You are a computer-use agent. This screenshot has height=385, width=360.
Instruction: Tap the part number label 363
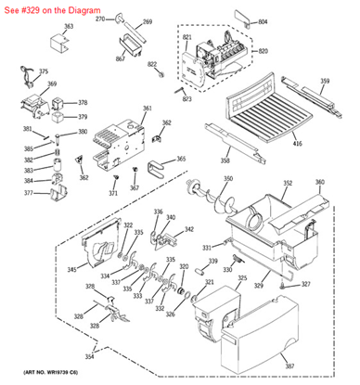point(66,27)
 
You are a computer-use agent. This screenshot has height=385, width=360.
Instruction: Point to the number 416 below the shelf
point(297,145)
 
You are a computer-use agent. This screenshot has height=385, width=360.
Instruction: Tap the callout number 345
point(71,270)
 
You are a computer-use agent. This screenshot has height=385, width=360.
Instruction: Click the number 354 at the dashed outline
point(89,357)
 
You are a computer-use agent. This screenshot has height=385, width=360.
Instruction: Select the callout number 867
point(121,59)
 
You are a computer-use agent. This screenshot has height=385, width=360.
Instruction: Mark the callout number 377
point(28,193)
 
